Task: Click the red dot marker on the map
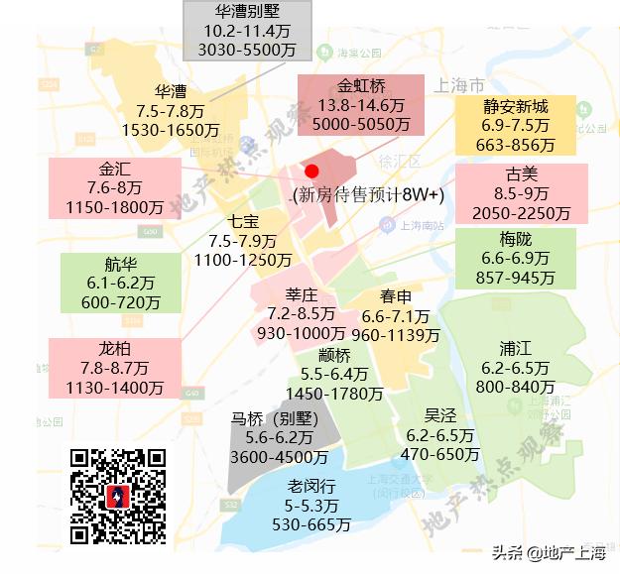[311, 172]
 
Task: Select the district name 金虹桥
[360, 85]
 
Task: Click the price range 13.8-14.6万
[360, 105]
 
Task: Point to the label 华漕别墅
[247, 12]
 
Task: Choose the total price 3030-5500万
[247, 49]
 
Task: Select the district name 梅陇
[516, 239]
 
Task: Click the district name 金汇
[115, 169]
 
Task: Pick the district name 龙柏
[114, 349]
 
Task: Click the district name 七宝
[243, 221]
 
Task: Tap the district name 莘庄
[301, 294]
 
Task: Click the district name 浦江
[516, 348]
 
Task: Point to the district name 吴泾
[440, 416]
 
